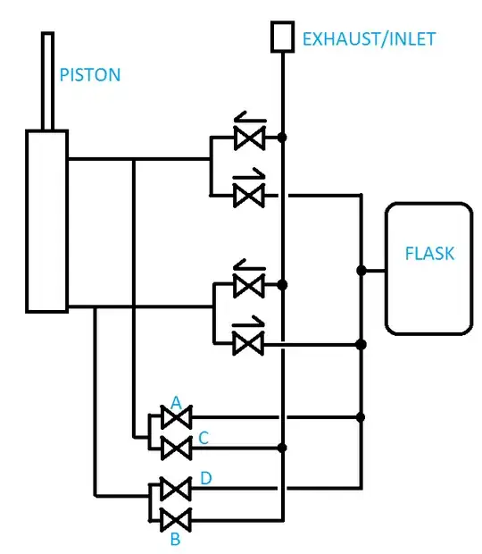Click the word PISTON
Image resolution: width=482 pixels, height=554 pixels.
tap(89, 74)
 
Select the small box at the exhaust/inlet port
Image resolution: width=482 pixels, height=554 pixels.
tap(282, 37)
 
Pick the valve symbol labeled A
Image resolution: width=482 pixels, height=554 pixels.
tap(175, 417)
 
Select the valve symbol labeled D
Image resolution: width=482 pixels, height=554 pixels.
tap(175, 489)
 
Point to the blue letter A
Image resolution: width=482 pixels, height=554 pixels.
tap(176, 404)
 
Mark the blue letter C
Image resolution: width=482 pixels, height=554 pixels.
tap(204, 438)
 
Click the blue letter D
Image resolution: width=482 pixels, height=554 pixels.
tap(205, 480)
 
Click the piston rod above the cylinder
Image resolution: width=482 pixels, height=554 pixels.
tap(47, 80)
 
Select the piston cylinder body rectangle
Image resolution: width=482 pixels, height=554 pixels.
tap(47, 221)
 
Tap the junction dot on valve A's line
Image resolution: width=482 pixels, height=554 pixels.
tap(361, 416)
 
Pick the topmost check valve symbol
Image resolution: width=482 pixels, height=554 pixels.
tap(245, 137)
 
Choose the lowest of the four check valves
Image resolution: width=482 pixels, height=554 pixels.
tap(245, 342)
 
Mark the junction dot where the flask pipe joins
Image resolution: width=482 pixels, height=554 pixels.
tap(361, 270)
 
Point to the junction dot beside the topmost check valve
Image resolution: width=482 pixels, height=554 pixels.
tap(282, 138)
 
